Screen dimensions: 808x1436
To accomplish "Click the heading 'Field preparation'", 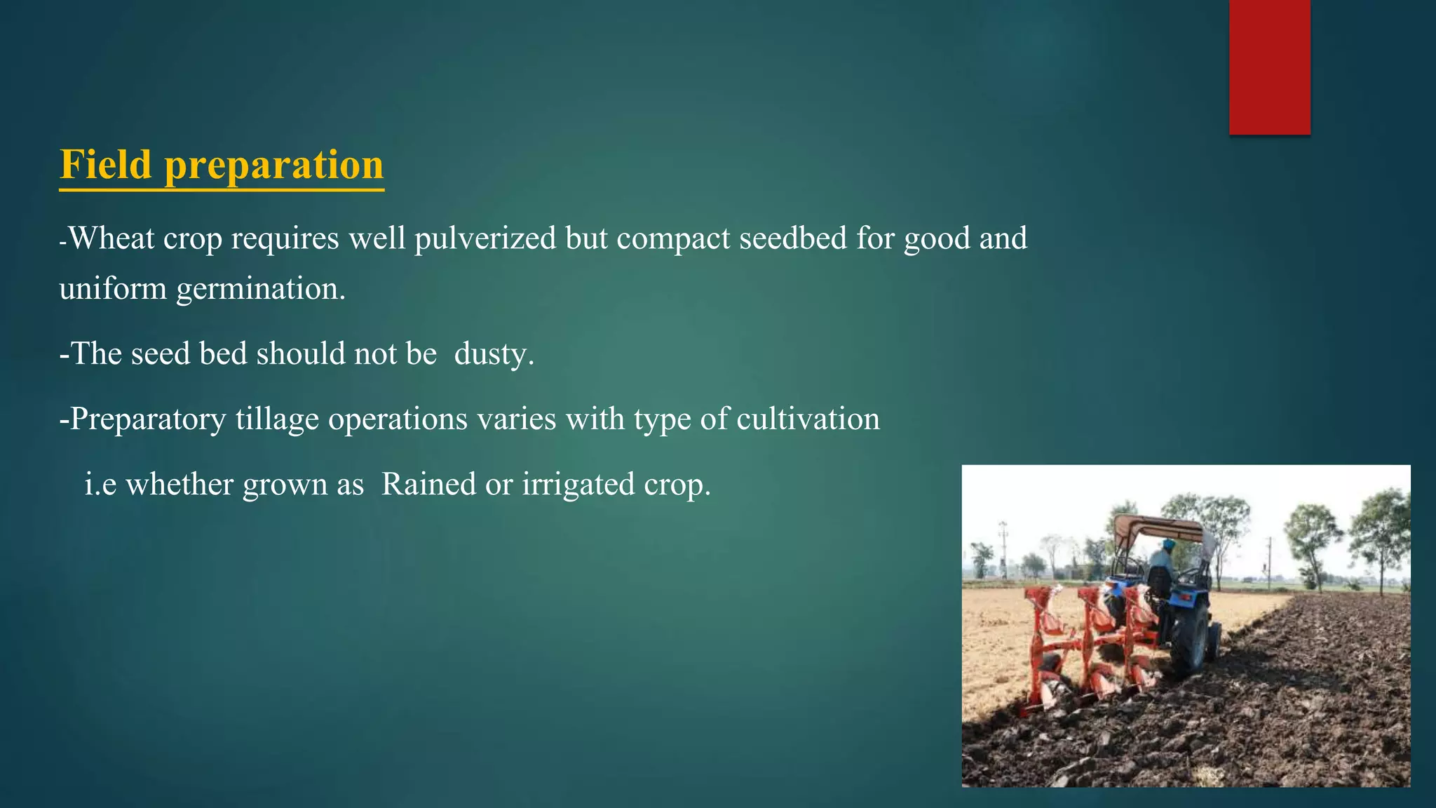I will click(x=222, y=165).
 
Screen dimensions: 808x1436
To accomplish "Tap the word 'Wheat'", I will click(x=112, y=238).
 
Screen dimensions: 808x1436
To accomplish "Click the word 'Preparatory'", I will click(x=148, y=419).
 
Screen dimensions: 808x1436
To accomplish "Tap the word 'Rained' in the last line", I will click(x=428, y=485).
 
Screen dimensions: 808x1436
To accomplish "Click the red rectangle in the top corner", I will click(x=1269, y=67).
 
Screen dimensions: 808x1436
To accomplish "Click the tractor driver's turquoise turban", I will click(x=1169, y=544).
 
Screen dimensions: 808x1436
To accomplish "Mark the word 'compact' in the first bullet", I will click(x=673, y=238).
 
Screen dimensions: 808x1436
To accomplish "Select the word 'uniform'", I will click(x=113, y=289).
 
